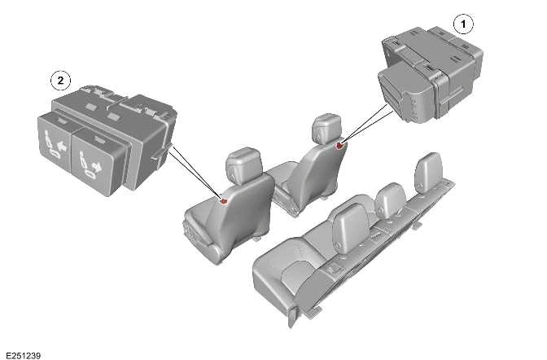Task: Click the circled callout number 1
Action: click(x=464, y=24)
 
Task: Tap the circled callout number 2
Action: click(x=59, y=80)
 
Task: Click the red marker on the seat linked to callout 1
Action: click(x=339, y=146)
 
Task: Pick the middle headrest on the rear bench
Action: click(x=392, y=197)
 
